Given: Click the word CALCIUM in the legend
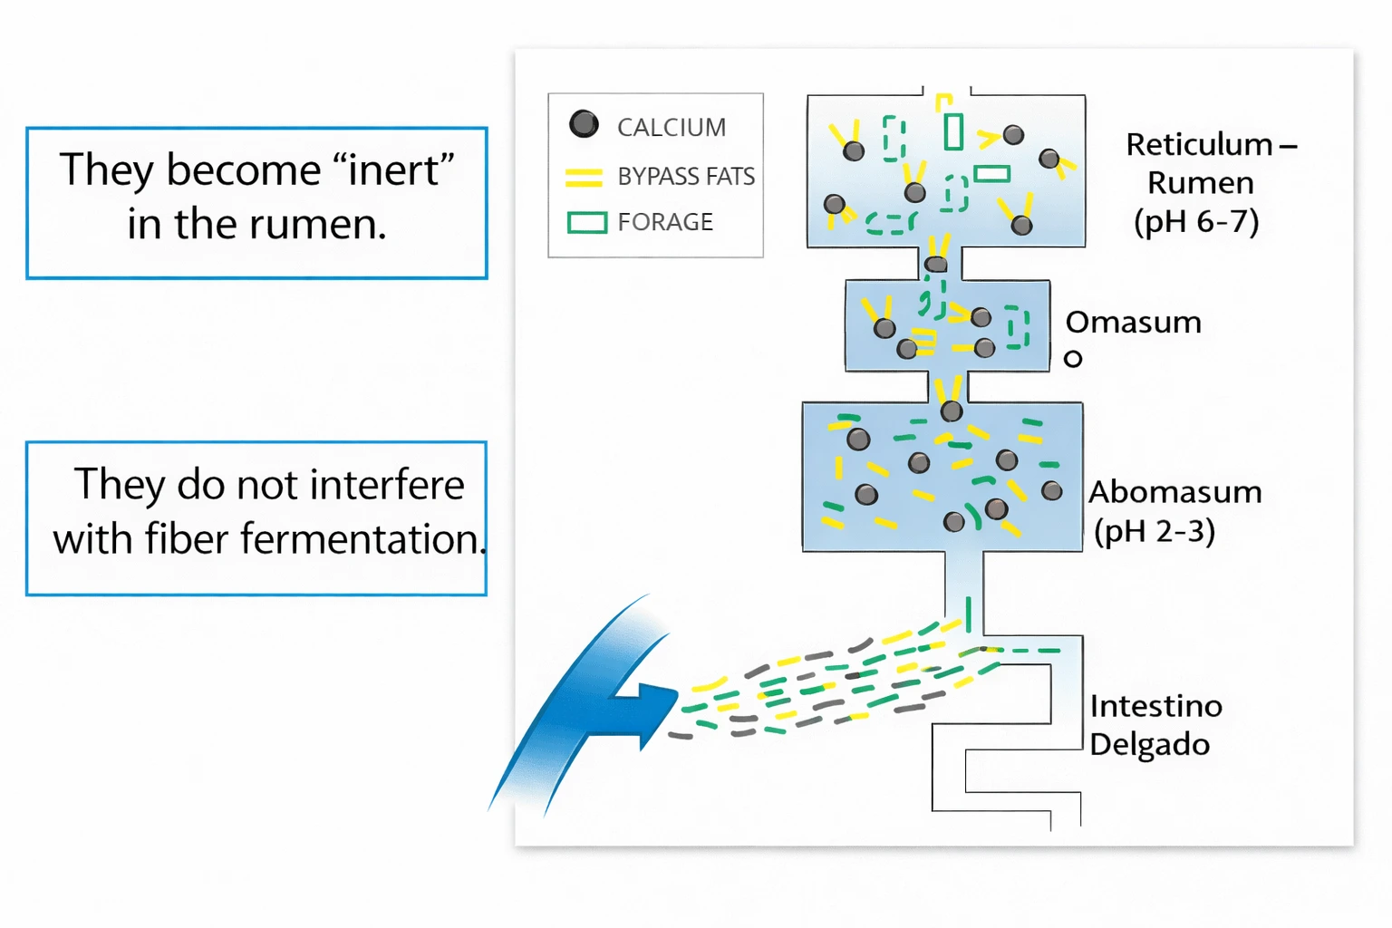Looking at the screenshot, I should point(672,128).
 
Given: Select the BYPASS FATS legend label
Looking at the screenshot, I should point(686,176).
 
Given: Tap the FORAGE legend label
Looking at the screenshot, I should point(665,222).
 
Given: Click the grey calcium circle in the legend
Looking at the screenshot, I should point(584,124).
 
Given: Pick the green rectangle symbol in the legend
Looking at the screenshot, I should point(586,222).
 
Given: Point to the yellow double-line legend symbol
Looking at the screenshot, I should point(584,177).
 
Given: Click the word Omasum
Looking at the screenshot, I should point(1133,323).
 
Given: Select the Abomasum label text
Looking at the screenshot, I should point(1174,492).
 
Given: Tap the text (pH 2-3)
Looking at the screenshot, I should point(1154,531).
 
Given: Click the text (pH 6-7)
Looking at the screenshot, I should point(1196,221).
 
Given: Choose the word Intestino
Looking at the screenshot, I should point(1155,706).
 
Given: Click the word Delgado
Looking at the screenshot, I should point(1149,745).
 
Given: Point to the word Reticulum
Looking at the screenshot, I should point(1198,145).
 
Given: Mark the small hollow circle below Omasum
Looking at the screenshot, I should point(1073,359).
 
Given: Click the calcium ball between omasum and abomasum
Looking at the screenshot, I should point(951,411).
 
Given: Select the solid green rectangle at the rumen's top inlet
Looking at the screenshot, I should point(952,131).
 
